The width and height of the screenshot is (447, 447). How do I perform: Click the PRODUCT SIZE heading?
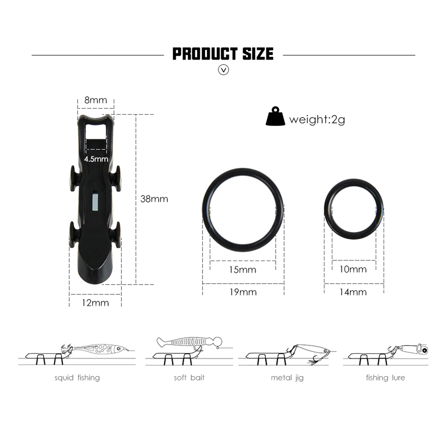[223, 54]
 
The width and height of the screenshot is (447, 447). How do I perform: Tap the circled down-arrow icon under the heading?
[223, 70]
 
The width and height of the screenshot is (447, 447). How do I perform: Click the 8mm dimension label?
[95, 100]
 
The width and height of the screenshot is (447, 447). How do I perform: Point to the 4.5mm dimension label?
[96, 159]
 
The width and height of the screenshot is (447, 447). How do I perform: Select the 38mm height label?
[154, 199]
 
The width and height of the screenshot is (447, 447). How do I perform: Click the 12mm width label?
[95, 303]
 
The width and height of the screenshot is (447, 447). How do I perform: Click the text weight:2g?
[317, 120]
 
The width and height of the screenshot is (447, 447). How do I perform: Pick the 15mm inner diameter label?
[243, 270]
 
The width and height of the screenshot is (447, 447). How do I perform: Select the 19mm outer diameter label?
[243, 292]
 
